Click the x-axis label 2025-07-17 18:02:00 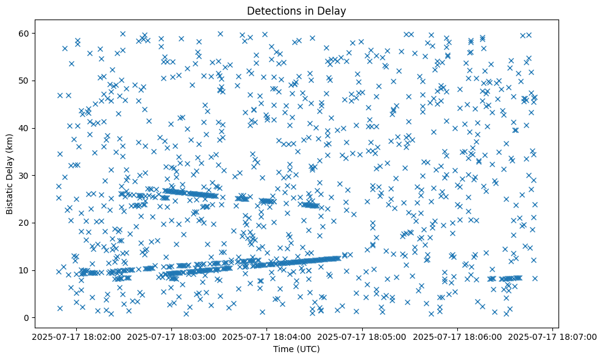point(77,336)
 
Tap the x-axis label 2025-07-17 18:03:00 point(172,336)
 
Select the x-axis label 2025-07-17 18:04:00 point(267,336)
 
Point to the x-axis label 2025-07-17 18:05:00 point(363,336)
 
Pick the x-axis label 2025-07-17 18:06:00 point(458,336)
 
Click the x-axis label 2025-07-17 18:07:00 point(553,336)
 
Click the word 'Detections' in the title point(271,10)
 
